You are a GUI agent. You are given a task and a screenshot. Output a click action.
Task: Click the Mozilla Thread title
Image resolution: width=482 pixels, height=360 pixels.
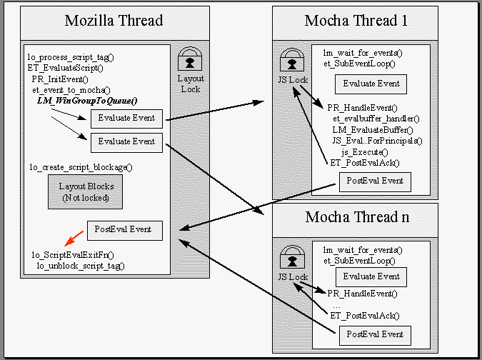coord(114,21)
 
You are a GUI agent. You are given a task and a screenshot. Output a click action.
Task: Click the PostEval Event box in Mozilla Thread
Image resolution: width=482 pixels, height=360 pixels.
coord(124,230)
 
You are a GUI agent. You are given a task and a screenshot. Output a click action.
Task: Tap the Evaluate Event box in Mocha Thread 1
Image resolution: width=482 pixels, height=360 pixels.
coord(371,84)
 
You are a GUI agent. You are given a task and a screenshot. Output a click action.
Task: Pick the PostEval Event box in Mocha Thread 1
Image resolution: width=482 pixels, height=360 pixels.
coord(376,181)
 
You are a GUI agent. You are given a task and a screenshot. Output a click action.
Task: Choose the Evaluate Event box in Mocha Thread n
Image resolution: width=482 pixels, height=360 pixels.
coord(371,276)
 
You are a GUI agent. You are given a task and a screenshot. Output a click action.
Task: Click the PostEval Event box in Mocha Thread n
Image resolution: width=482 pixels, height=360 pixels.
coord(376,334)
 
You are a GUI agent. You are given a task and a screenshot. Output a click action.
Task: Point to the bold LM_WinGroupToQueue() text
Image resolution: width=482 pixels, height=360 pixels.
coord(86,101)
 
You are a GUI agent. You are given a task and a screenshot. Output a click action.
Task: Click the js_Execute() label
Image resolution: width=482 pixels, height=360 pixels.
coord(364,151)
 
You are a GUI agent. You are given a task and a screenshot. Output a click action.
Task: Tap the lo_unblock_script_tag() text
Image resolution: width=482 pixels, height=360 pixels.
coord(80,266)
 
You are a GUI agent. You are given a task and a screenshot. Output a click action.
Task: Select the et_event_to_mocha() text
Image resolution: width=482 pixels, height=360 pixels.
coord(71,90)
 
